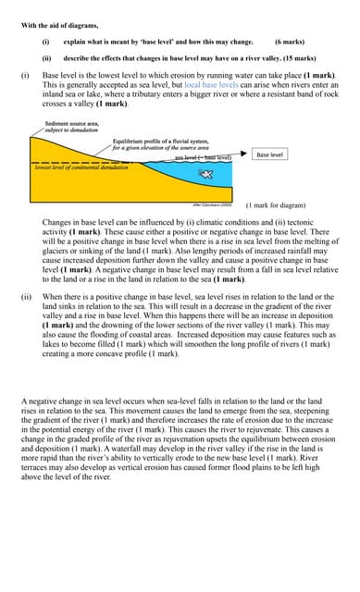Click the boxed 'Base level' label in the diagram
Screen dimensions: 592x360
[x=269, y=154]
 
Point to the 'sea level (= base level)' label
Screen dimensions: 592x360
[x=202, y=157]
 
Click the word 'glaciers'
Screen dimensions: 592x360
[x=58, y=250]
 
